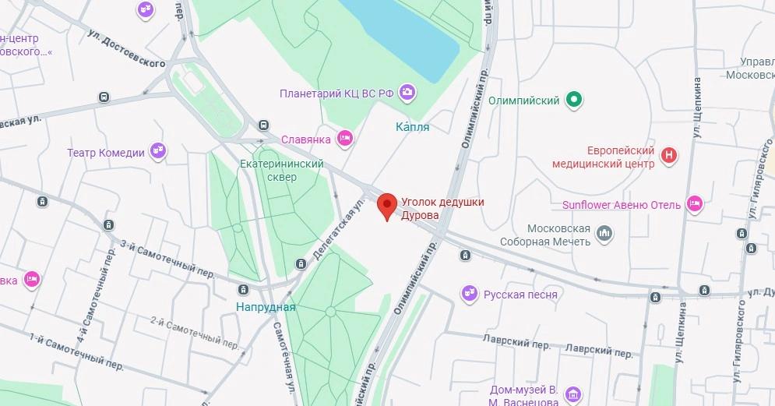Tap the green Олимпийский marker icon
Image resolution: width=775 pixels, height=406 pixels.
574,100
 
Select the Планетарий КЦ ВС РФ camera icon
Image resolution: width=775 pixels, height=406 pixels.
407,94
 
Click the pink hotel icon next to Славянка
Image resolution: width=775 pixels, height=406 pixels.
345,139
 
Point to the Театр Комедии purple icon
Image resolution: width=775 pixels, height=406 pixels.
158,152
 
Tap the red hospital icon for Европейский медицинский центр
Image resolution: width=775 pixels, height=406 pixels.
668,156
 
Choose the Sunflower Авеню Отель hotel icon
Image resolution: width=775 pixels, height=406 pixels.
695,205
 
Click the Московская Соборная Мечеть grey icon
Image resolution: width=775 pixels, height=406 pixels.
604,233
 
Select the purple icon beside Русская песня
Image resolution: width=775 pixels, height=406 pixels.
469,294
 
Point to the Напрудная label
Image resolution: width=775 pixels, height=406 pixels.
266,307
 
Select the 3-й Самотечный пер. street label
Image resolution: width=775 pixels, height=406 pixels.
167,258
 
